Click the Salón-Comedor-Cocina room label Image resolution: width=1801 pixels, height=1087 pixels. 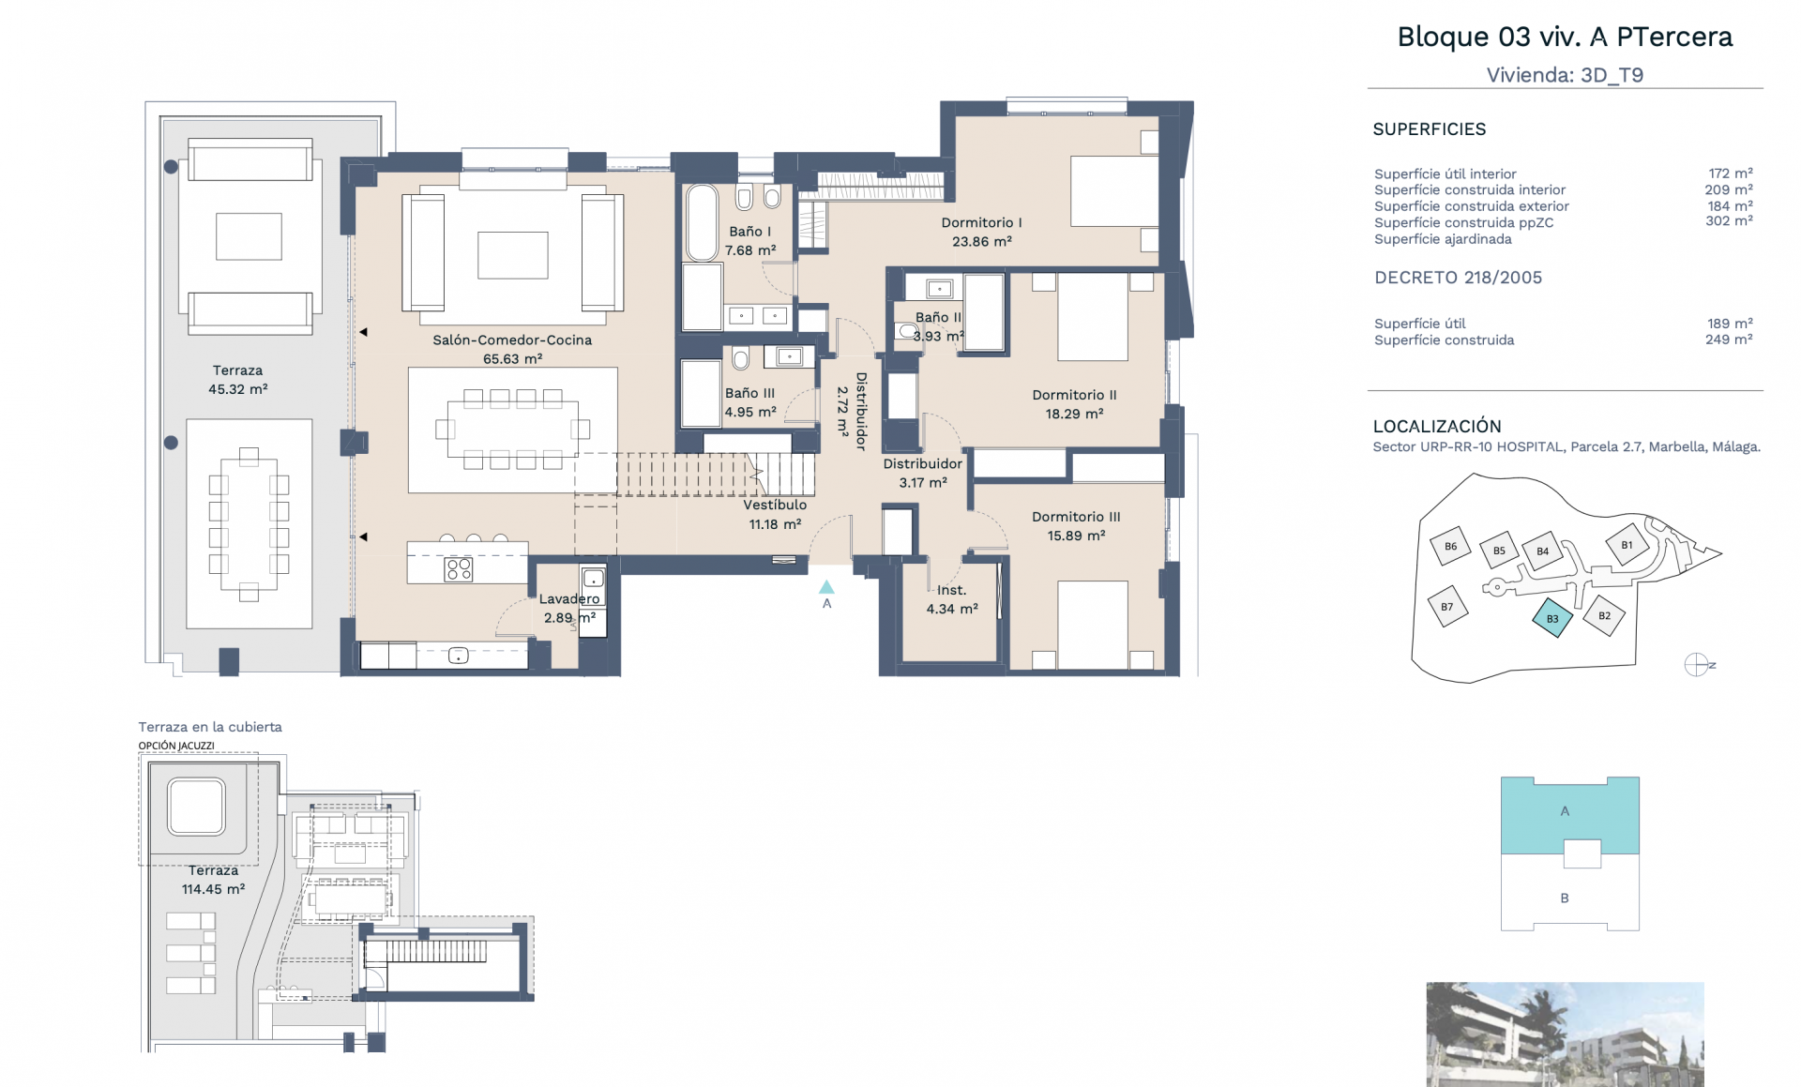512,340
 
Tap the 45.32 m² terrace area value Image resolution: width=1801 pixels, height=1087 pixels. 238,389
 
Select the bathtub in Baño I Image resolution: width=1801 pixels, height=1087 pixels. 702,222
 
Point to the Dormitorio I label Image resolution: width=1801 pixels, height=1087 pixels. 981,222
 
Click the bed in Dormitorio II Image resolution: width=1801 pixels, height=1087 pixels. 1093,316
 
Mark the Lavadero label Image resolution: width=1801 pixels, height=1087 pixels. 569,599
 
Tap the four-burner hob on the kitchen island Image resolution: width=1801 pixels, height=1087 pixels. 459,568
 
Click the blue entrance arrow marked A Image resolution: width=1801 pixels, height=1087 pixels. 826,587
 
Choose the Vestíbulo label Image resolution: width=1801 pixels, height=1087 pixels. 775,505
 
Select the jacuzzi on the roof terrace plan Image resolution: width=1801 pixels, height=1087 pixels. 196,807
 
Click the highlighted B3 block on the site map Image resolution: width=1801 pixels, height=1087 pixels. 1552,618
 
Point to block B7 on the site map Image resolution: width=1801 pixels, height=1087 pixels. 1447,607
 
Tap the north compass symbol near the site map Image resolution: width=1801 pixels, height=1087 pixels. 1696,665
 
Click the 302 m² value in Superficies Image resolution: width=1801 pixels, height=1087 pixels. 1729,221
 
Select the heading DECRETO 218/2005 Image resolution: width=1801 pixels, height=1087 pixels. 1458,278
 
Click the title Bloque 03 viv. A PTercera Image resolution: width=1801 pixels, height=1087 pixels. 1565,37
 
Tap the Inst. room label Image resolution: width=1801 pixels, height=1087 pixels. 951,590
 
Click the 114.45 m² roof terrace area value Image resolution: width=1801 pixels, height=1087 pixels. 213,889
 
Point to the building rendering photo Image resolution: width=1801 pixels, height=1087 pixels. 1565,1034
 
